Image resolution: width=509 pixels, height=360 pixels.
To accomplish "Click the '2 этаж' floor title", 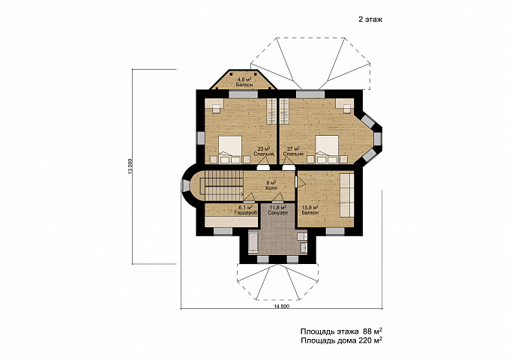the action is (370, 19).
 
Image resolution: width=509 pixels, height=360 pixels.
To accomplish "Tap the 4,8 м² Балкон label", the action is (244, 82).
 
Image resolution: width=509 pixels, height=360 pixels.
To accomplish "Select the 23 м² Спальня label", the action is (264, 151).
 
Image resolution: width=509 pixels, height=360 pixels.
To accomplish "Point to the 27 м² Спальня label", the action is (293, 151).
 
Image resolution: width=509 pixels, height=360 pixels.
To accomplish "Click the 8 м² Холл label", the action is (271, 185).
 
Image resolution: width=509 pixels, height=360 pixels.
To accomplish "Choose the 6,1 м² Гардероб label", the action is (246, 210).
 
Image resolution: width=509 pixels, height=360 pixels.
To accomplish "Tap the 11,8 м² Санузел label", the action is (277, 210).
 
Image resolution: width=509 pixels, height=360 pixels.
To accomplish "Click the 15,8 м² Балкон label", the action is (310, 210).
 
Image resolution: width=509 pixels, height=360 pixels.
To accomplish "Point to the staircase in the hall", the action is (223, 186).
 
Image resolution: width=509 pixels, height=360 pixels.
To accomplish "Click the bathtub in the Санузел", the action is (253, 241).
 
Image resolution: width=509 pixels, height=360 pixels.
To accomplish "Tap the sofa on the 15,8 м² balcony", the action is (346, 195).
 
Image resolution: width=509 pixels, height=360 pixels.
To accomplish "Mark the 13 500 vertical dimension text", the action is (130, 166).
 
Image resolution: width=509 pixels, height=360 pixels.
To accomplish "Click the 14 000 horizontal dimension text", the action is (281, 306).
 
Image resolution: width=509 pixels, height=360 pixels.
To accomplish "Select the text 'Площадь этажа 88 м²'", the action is (341, 331).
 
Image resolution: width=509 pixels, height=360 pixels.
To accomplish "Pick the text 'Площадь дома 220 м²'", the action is (341, 340).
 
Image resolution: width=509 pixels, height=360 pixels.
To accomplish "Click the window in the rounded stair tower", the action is (186, 186).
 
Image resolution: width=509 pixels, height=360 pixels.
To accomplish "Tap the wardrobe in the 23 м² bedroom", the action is (271, 111).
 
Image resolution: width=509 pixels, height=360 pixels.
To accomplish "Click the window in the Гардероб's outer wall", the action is (223, 231).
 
